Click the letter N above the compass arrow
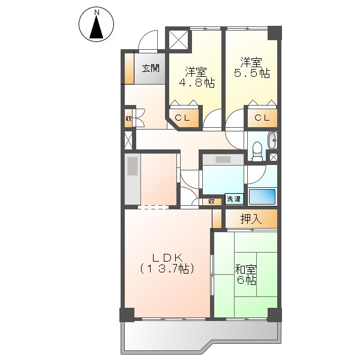click(97, 13)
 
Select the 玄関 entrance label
click(151, 68)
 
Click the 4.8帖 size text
click(197, 82)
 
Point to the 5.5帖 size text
click(252, 73)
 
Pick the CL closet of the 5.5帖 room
click(262, 118)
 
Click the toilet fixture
click(257, 151)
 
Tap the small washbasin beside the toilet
click(273, 140)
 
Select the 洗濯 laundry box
click(234, 199)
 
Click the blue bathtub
click(262, 197)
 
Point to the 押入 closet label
click(251, 219)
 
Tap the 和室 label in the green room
click(246, 269)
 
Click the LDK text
click(167, 258)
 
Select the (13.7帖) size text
click(167, 268)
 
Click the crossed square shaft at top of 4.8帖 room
click(179, 40)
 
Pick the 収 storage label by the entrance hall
click(128, 119)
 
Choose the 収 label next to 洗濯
click(211, 202)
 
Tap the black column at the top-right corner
click(275, 33)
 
